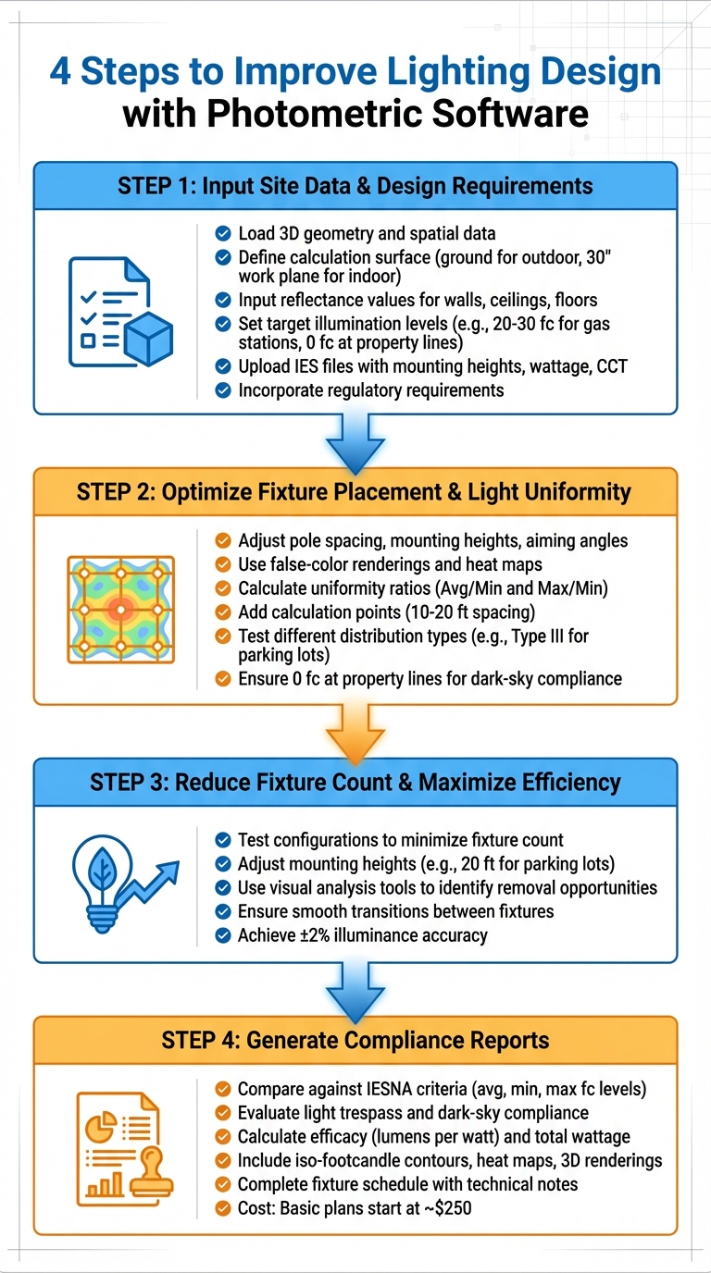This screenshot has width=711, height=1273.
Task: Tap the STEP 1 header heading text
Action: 355,185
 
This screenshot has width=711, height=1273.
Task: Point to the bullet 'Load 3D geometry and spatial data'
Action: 367,233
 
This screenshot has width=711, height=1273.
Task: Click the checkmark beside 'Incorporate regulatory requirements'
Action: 222,389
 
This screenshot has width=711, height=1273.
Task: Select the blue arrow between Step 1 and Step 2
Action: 355,440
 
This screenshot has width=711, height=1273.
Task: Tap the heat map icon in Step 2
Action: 120,608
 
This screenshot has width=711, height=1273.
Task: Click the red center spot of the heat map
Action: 120,608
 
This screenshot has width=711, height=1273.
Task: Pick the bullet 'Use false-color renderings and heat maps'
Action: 390,563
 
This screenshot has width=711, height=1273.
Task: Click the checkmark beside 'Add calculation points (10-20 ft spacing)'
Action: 222,611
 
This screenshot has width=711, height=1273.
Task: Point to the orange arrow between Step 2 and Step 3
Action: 355,731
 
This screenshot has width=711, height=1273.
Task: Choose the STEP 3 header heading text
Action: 355,783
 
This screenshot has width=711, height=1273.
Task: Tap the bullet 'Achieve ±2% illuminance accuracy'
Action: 362,935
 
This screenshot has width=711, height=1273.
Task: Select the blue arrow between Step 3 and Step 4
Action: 355,989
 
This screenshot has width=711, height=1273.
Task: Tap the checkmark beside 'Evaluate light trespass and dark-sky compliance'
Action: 222,1113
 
